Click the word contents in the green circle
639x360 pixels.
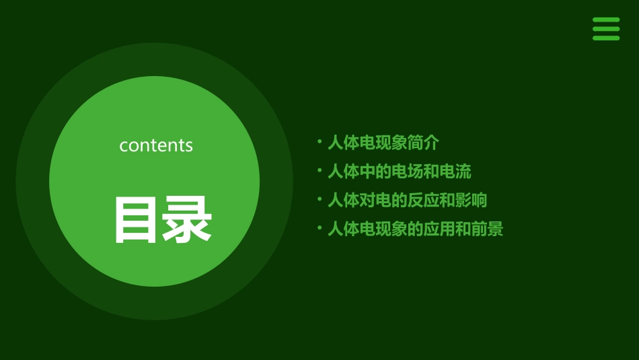(x=156, y=145)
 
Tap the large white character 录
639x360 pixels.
(x=187, y=220)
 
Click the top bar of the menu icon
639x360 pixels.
(x=606, y=20)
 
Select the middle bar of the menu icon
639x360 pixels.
(x=606, y=29)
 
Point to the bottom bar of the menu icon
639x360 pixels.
(x=606, y=38)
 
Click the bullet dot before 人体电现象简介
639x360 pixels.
(x=319, y=142)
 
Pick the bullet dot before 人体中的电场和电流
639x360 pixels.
(x=319, y=171)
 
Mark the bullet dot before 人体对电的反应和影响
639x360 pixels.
(x=319, y=200)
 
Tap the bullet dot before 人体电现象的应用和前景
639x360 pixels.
(x=319, y=229)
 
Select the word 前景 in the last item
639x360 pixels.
(x=487, y=229)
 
